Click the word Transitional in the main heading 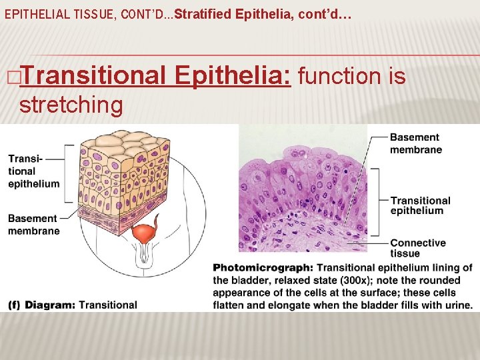point(93,77)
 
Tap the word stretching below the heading point(71,105)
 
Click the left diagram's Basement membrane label point(33,224)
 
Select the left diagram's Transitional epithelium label point(33,171)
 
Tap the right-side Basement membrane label point(415,143)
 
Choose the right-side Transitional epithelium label point(420,205)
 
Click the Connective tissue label point(417,248)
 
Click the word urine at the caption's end point(457,305)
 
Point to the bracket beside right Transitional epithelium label point(378,202)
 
